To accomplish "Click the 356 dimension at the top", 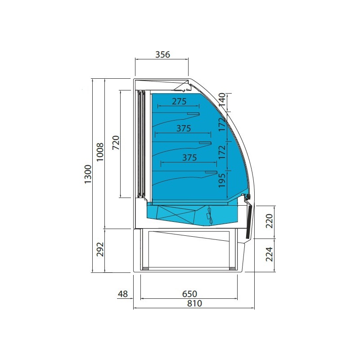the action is pos(162,54).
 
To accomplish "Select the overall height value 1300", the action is pos(88,174).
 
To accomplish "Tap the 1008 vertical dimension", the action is pos(100,152).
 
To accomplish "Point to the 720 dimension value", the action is pos(116,143).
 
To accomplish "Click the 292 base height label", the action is pos(100,249).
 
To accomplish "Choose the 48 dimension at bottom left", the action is pos(122,294).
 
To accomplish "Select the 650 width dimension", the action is pos(189,294).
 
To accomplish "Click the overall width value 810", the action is pos(195,303).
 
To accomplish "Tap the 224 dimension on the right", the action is pos(269,254).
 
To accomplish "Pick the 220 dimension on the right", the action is pos(269,221).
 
